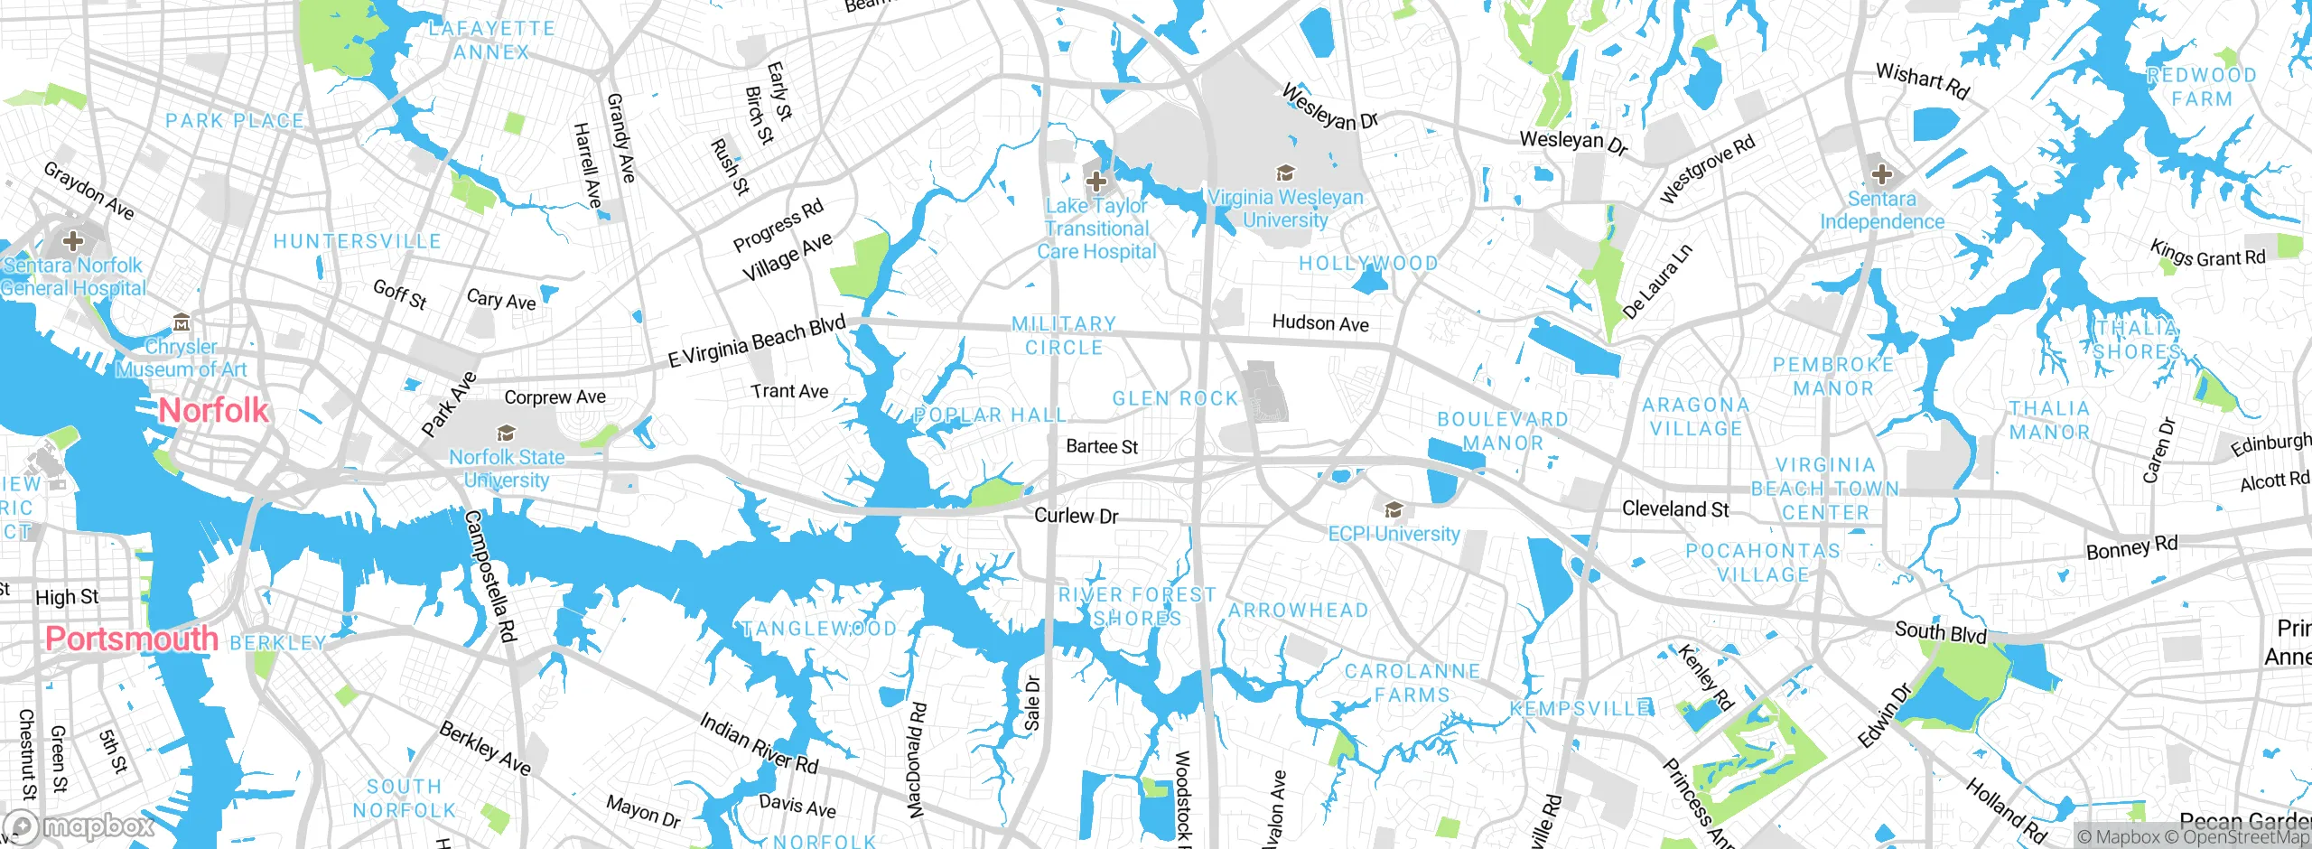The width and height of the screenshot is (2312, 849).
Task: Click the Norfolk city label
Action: click(x=214, y=410)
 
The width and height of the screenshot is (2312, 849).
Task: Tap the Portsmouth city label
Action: click(x=132, y=639)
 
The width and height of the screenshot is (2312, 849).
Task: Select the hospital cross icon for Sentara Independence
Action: click(x=1881, y=174)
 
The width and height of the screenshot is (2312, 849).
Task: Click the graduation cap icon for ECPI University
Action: click(x=1394, y=510)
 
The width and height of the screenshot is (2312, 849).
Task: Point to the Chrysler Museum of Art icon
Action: click(x=182, y=323)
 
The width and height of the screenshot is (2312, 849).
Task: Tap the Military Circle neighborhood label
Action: click(x=1064, y=335)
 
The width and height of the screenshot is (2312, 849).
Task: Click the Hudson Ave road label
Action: click(x=1319, y=322)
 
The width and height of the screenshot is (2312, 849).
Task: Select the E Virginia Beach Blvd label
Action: click(x=757, y=341)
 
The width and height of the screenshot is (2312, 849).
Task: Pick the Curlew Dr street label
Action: click(x=1076, y=516)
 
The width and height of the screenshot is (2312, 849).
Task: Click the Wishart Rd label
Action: click(x=1922, y=79)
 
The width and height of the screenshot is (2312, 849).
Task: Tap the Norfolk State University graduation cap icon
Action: click(x=507, y=434)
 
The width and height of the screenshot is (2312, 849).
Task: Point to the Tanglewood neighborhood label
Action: click(x=819, y=629)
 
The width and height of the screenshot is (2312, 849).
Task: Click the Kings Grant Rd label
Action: click(x=2207, y=255)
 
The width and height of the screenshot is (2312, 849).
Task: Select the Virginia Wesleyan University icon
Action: click(x=1284, y=173)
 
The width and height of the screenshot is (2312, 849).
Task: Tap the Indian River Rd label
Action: click(x=759, y=743)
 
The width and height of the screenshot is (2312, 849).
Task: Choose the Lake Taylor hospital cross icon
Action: click(x=1095, y=182)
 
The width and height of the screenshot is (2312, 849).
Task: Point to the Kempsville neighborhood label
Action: click(x=1581, y=709)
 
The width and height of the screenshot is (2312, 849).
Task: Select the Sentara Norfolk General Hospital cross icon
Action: click(x=73, y=241)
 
